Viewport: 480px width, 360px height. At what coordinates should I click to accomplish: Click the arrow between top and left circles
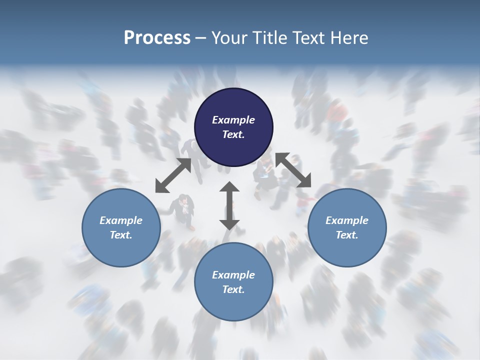[173, 175]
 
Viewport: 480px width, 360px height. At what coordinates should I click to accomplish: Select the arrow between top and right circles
[293, 170]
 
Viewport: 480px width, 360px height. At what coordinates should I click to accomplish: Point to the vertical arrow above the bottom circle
[229, 205]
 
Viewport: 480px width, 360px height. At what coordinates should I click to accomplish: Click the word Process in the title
[157, 37]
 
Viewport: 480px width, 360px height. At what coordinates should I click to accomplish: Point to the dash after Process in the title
[200, 38]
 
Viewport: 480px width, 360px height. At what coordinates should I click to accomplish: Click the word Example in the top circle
[233, 120]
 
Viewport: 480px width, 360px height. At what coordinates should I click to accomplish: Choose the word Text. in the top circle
[233, 134]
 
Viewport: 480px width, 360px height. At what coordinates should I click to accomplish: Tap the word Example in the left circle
[121, 220]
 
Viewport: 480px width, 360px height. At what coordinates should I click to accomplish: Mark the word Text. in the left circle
[121, 235]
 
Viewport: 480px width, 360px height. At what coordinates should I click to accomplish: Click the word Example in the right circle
[347, 220]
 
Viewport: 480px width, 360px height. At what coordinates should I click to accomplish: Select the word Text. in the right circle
[347, 235]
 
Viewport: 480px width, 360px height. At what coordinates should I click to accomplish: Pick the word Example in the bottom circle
[233, 275]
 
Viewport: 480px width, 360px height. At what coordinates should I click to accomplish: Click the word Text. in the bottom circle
[233, 289]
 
